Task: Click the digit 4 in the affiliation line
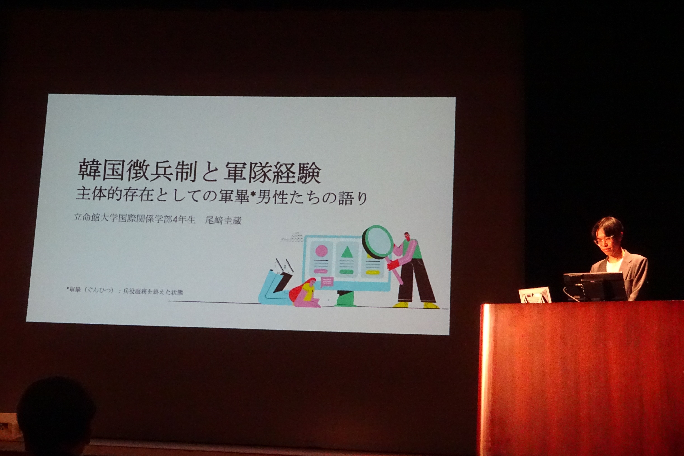[175, 219]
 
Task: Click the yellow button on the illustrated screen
[373, 273]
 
